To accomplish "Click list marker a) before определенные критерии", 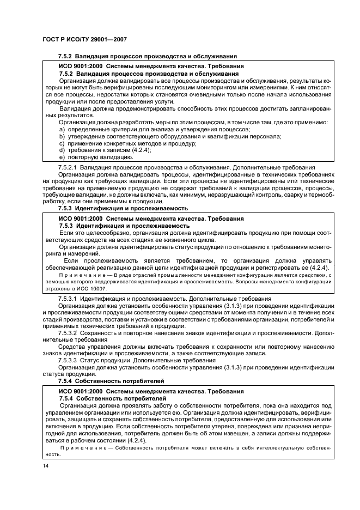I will pos(62,129).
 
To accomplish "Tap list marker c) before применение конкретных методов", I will pos(62,143).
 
